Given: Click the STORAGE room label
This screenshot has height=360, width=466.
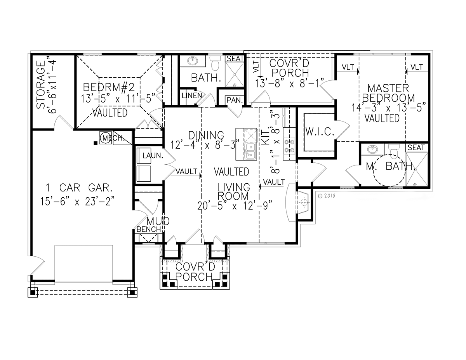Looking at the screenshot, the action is click(x=41, y=85).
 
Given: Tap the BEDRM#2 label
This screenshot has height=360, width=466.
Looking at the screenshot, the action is click(x=109, y=87).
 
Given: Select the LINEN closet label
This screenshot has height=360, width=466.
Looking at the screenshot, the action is click(x=192, y=96).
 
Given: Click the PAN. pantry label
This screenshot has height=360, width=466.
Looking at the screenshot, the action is click(x=235, y=100).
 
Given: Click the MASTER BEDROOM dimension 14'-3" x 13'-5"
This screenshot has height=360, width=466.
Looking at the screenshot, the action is click(x=388, y=108).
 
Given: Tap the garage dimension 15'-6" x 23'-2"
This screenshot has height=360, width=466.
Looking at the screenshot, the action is click(x=77, y=201).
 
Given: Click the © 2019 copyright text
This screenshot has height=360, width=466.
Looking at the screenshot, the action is click(x=327, y=196).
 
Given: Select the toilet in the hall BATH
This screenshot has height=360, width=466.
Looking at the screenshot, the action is click(x=215, y=63).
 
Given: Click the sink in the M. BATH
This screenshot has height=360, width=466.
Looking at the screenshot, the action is click(x=373, y=149).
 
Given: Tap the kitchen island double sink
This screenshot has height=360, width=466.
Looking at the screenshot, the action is click(x=250, y=151).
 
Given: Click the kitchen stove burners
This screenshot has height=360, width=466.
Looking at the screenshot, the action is click(x=289, y=146).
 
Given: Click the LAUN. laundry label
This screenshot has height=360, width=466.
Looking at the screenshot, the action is click(x=153, y=155).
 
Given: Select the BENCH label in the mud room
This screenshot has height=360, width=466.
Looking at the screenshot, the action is click(x=149, y=229).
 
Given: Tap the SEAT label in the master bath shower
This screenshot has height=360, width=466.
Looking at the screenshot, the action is click(x=416, y=148).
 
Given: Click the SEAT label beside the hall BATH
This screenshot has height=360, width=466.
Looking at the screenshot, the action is click(x=235, y=59).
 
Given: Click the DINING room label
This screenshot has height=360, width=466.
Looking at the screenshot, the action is click(x=206, y=135).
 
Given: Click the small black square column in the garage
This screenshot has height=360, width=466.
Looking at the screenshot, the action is click(x=96, y=143).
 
